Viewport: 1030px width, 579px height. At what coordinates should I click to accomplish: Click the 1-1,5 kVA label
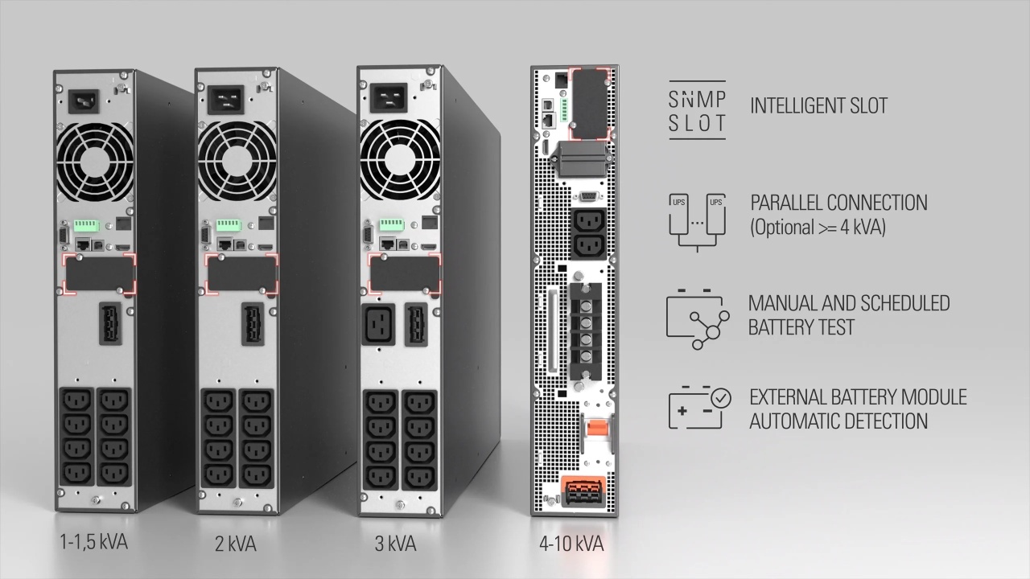tap(94, 542)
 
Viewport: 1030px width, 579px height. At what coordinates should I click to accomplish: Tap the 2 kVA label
tap(236, 544)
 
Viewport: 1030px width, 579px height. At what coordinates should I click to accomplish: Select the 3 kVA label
tap(395, 544)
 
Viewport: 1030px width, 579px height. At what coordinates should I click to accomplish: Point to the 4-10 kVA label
tap(571, 544)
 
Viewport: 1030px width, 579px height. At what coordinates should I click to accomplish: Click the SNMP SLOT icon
tap(697, 110)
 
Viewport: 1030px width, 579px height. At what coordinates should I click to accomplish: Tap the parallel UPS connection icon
tap(697, 222)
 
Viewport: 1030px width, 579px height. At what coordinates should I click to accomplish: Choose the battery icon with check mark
tap(699, 407)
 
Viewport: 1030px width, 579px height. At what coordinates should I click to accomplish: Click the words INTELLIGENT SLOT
tap(819, 105)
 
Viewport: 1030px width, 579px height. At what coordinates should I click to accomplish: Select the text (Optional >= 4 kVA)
tap(818, 227)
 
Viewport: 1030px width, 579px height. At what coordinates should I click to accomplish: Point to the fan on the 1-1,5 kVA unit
tap(95, 162)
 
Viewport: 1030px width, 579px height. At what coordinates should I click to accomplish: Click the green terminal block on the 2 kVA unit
tap(229, 225)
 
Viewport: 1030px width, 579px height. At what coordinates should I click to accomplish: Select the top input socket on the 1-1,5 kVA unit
tap(84, 101)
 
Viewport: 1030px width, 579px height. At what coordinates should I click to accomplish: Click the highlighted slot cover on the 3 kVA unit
tap(405, 273)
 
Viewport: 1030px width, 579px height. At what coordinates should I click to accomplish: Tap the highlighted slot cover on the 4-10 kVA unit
tap(589, 104)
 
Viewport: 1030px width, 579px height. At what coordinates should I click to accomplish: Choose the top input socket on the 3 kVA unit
tap(389, 97)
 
